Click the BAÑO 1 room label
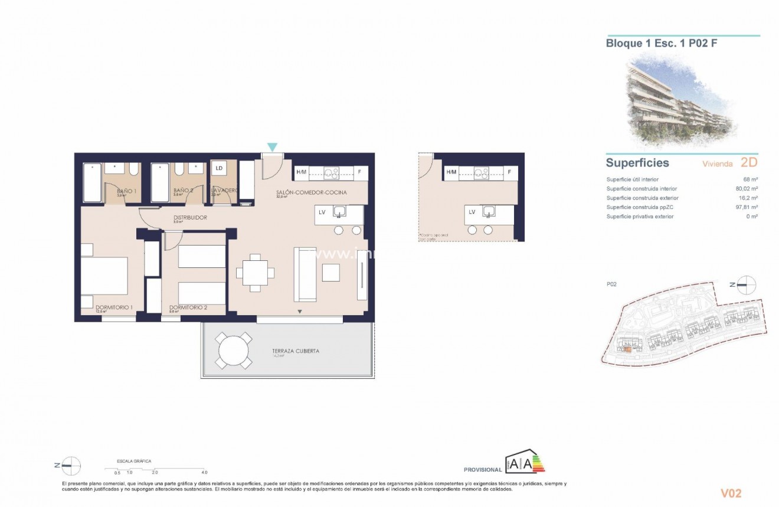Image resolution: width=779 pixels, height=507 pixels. [x=126, y=191]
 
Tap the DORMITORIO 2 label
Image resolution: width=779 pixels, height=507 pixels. [x=188, y=308]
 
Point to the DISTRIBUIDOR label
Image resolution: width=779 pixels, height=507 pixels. [x=190, y=218]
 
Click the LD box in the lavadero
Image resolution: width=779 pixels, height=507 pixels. [x=219, y=168]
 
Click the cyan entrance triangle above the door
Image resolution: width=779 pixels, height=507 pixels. [x=272, y=146]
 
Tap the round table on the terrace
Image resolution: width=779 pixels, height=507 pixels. [x=235, y=351]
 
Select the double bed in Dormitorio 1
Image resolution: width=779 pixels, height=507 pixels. [x=104, y=276]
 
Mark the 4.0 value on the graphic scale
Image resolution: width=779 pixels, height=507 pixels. [x=204, y=473]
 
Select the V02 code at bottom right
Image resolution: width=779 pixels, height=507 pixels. [x=731, y=493]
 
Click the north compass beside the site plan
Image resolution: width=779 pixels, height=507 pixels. [x=747, y=284]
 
